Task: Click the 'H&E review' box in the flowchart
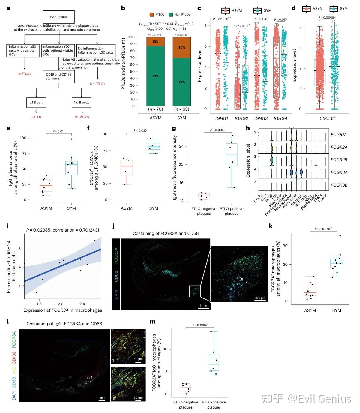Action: click(x=58, y=17)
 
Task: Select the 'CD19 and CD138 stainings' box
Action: click(x=58, y=76)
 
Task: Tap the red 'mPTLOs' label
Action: click(x=25, y=73)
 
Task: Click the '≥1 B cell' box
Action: click(x=36, y=103)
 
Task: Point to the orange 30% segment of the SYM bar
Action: click(x=181, y=47)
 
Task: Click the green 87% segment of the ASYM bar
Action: click(x=155, y=76)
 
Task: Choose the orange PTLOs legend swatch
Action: click(x=151, y=14)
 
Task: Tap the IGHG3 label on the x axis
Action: click(x=261, y=118)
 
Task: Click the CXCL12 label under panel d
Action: click(x=327, y=118)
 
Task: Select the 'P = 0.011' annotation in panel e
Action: click(x=59, y=131)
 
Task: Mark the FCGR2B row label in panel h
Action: click(x=339, y=160)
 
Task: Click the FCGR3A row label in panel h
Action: click(x=339, y=172)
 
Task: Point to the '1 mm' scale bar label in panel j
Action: click(x=203, y=306)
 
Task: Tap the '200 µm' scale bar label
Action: click(x=260, y=298)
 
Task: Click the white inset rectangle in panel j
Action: click(x=195, y=291)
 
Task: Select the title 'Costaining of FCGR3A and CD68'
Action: click(x=166, y=233)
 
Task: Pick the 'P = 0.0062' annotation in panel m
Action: click(x=200, y=325)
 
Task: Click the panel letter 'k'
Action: click(x=271, y=226)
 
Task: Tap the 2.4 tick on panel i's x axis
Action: click(x=82, y=304)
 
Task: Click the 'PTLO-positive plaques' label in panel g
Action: click(x=232, y=211)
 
